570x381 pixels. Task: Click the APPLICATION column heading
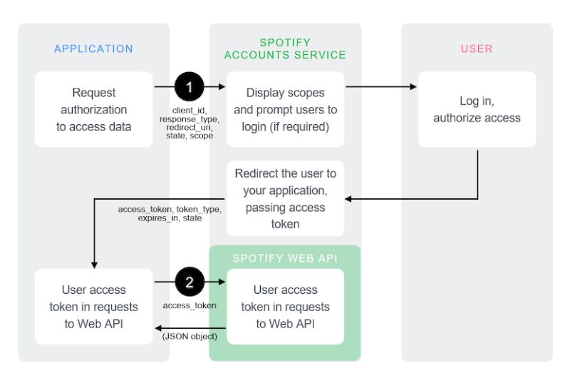pyautogui.click(x=93, y=49)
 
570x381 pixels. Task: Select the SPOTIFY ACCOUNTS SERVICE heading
pyautogui.click(x=285, y=49)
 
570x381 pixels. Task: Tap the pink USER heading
pyautogui.click(x=477, y=49)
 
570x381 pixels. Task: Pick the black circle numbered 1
pyautogui.click(x=190, y=87)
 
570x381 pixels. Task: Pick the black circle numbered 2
pyautogui.click(x=190, y=283)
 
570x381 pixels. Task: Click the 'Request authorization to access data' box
pyautogui.click(x=93, y=109)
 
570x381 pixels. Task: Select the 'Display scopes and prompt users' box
pyautogui.click(x=285, y=109)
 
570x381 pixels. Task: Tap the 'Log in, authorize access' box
pyautogui.click(x=477, y=109)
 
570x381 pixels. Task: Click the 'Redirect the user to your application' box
pyautogui.click(x=285, y=198)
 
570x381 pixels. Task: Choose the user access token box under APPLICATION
pyautogui.click(x=93, y=307)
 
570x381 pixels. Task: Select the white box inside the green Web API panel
pyautogui.click(x=285, y=307)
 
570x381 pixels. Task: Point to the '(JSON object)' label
pyautogui.click(x=190, y=336)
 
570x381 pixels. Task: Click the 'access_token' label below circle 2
pyautogui.click(x=189, y=305)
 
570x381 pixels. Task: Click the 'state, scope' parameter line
pyautogui.click(x=189, y=135)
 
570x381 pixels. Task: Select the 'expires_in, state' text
pyautogui.click(x=170, y=218)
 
